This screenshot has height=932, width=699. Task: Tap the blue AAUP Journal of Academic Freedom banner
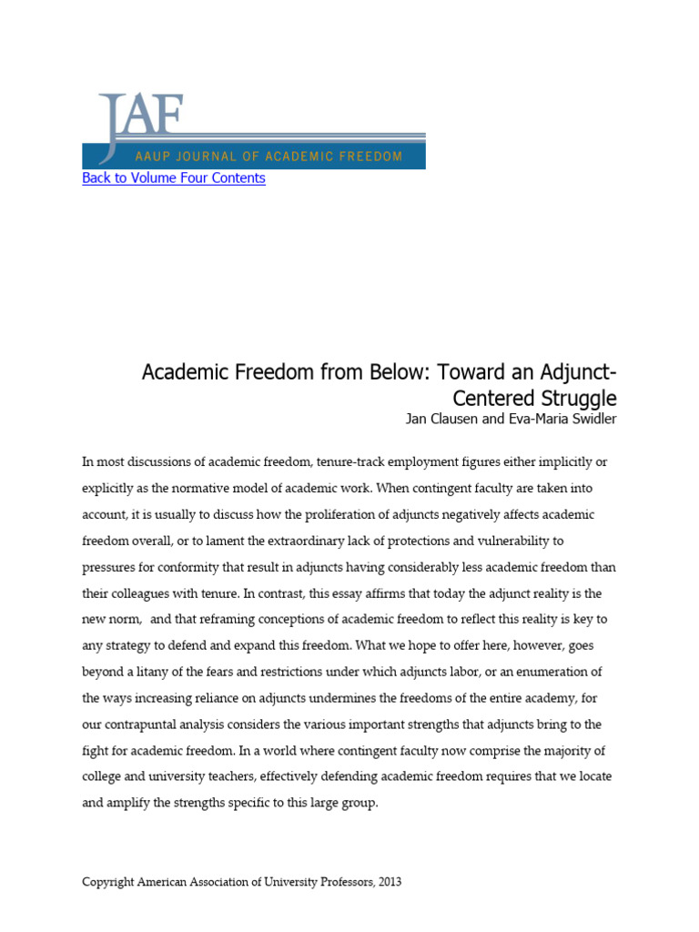(253, 156)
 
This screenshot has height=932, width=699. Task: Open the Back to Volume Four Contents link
(174, 178)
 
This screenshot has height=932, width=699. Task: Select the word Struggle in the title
(577, 399)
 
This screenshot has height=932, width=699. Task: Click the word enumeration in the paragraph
(563, 673)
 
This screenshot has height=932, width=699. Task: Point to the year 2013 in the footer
(386, 882)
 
